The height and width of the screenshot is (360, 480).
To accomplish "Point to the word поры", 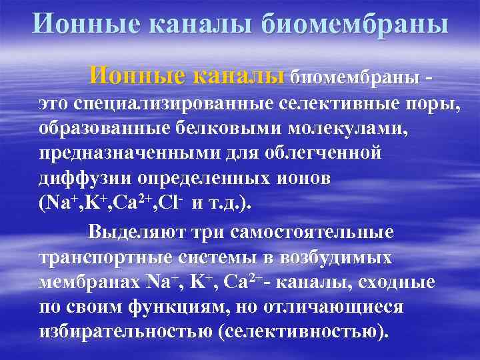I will [x=433, y=105].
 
